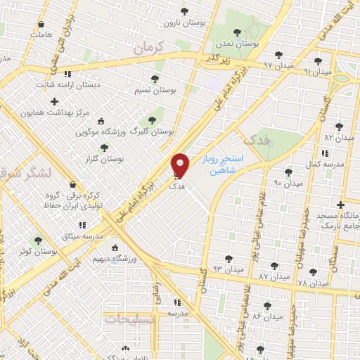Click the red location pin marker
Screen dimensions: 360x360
pyautogui.click(x=181, y=165)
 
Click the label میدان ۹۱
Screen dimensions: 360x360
pyautogui.click(x=316, y=72)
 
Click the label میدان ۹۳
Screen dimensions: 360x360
pyautogui.click(x=228, y=269)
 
